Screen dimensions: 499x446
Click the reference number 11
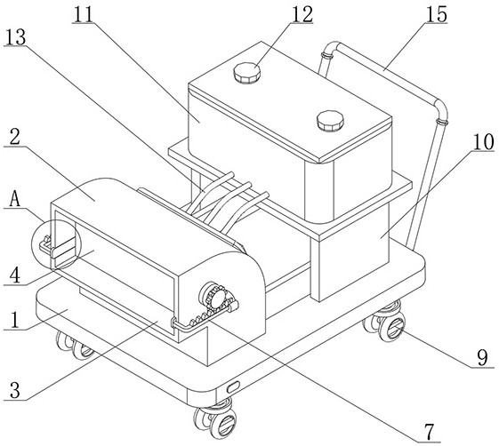83,14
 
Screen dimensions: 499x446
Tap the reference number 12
302,14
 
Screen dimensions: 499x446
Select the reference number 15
437,14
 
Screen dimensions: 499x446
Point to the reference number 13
16,37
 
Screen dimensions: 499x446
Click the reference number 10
483,142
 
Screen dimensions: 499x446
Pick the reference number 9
483,358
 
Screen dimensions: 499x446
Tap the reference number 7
430,432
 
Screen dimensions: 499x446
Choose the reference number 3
15,390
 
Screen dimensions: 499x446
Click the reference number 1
14,321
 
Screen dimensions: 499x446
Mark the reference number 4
15,275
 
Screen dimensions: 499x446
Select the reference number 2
14,138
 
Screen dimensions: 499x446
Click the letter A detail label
15,200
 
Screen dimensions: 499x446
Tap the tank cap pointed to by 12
246,73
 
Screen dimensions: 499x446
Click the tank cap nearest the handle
330,121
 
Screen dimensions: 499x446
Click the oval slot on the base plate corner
233,388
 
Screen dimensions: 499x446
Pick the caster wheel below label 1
76,346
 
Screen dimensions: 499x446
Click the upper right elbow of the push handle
441,108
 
